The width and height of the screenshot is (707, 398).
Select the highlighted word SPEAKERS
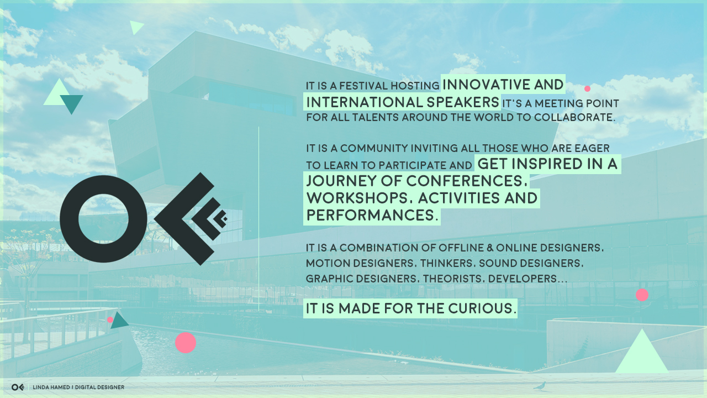point(463,102)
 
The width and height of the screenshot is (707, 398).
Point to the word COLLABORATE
point(574,118)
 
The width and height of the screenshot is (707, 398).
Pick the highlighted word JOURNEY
point(341,181)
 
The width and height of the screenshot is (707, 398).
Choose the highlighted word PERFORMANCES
point(372,215)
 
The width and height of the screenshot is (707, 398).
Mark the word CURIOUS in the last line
point(482,308)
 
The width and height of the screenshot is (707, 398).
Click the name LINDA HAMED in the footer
point(51,387)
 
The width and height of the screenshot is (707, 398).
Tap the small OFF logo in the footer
point(18,387)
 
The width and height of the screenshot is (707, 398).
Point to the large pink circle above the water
point(186,343)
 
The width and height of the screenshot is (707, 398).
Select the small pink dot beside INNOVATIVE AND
point(587,89)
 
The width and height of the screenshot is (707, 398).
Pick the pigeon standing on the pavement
point(540,386)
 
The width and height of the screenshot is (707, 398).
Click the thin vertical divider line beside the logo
point(258,219)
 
